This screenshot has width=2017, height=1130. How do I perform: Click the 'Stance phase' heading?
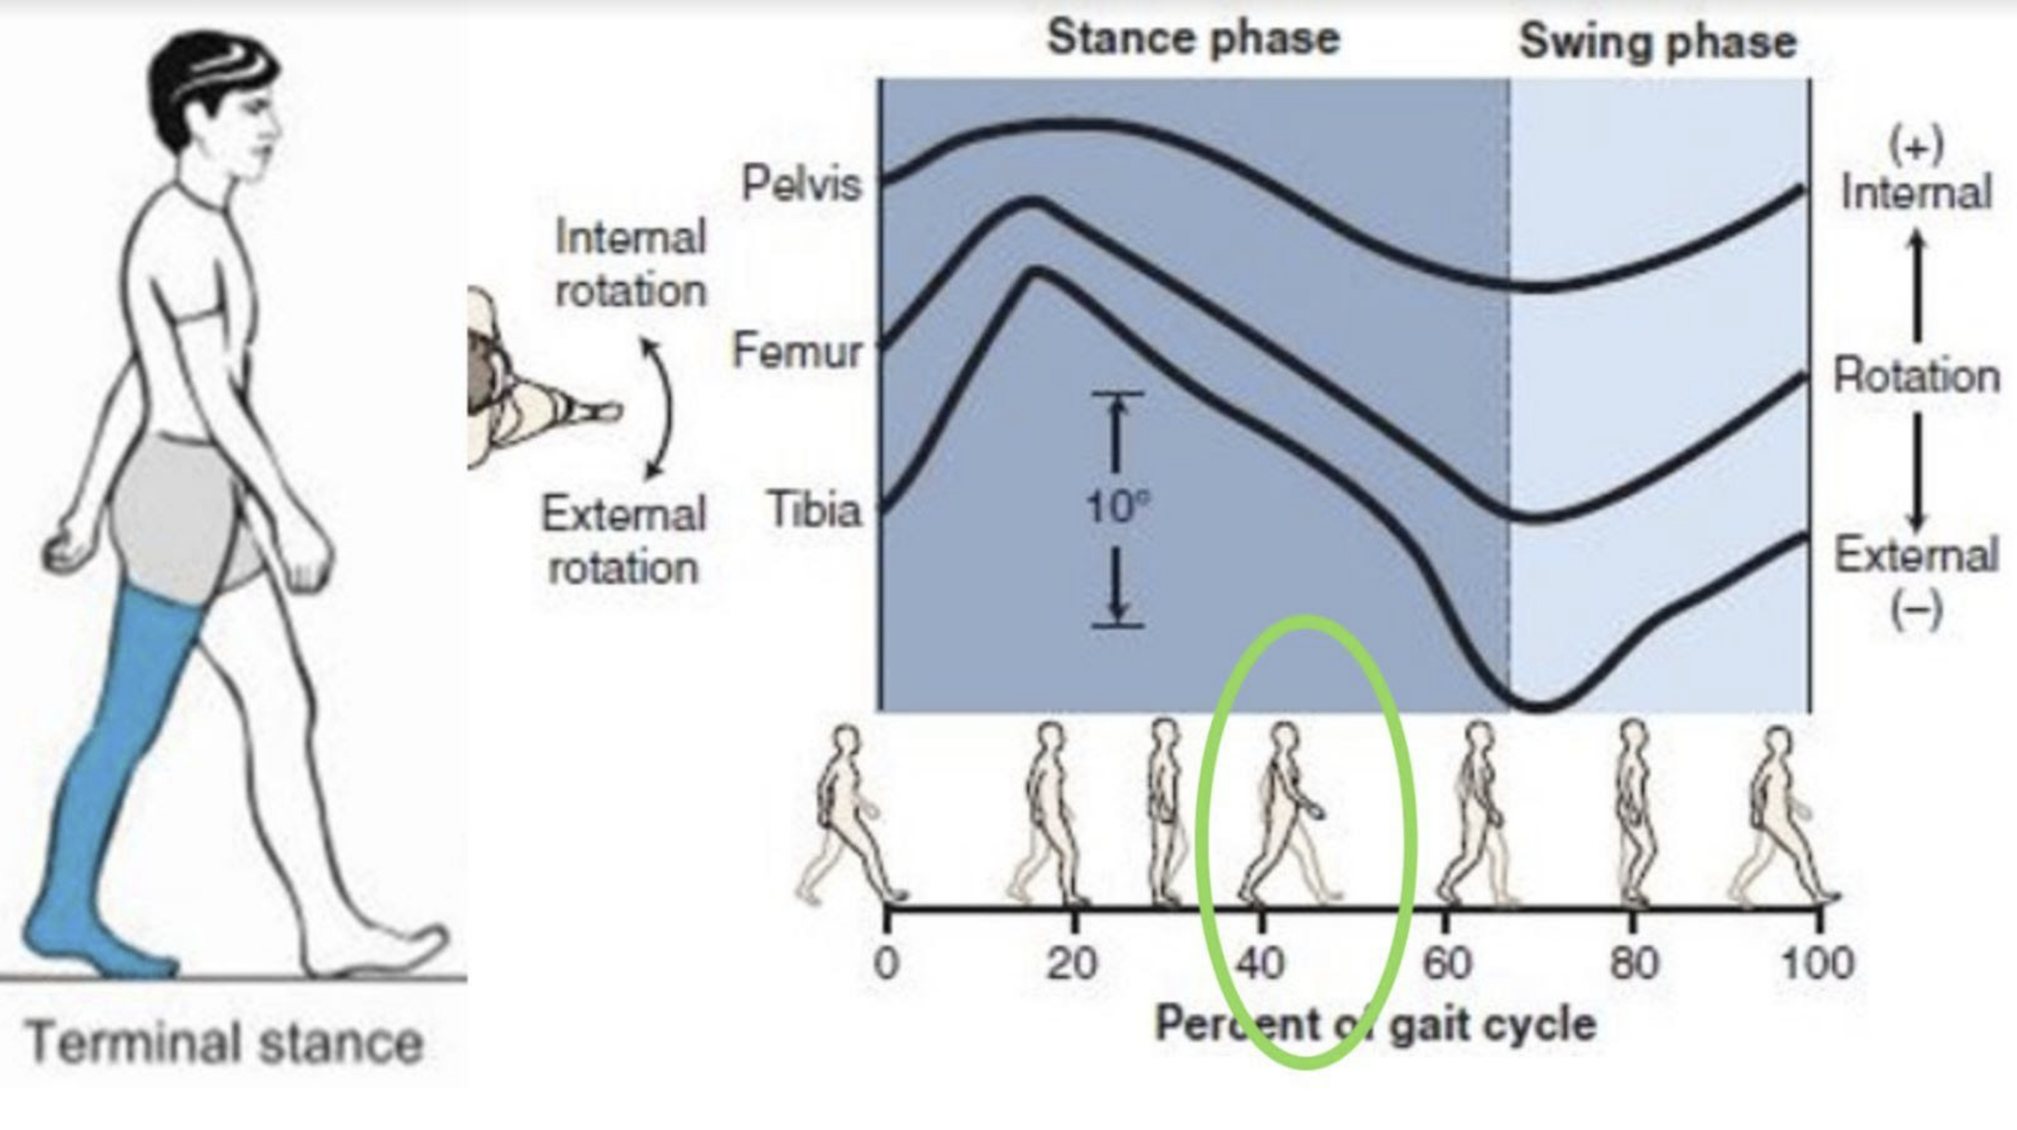coord(1193,39)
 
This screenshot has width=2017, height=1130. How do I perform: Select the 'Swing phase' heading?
coord(1657,42)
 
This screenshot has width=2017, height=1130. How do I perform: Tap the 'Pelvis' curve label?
coord(801,185)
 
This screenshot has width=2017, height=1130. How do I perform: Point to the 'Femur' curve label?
coord(796,351)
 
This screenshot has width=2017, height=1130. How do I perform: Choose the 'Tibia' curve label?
coord(815,510)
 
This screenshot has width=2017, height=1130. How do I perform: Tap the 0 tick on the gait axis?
coord(885,964)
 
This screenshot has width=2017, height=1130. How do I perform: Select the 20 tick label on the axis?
coord(1072,964)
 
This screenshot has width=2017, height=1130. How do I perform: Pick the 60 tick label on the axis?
coord(1447,964)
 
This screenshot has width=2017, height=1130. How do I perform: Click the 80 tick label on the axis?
coord(1634,964)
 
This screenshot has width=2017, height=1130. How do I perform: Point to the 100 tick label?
coord(1817,964)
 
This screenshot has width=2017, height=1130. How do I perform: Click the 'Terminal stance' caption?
coord(224,1043)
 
